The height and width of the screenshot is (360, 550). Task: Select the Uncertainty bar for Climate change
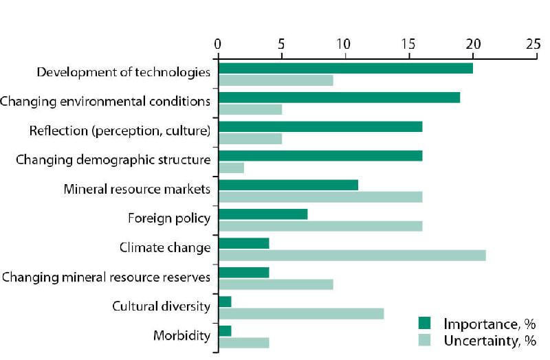[x=351, y=256]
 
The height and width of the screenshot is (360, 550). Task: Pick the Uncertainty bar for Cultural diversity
[x=300, y=314]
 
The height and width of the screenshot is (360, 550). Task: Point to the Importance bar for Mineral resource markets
[x=288, y=185]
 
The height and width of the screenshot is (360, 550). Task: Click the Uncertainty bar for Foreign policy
[x=320, y=226]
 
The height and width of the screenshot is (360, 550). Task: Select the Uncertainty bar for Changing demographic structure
[x=231, y=168]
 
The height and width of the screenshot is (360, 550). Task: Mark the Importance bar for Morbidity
[x=225, y=331]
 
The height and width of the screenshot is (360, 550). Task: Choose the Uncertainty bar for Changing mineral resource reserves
[x=275, y=284]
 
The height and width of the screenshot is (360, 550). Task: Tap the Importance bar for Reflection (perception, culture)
[x=320, y=126]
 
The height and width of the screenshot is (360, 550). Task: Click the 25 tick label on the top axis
[x=532, y=43]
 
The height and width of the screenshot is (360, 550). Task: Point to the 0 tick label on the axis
[x=217, y=43]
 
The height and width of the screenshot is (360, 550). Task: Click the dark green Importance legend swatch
[x=425, y=323]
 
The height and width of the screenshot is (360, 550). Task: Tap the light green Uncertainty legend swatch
[x=425, y=339]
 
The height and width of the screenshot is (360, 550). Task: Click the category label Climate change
[x=164, y=247]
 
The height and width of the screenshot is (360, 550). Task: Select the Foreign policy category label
[x=169, y=218]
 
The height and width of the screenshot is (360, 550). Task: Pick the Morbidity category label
[x=181, y=335]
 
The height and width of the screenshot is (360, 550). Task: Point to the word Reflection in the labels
[x=57, y=131]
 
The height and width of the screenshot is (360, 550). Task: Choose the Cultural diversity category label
[x=161, y=306]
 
